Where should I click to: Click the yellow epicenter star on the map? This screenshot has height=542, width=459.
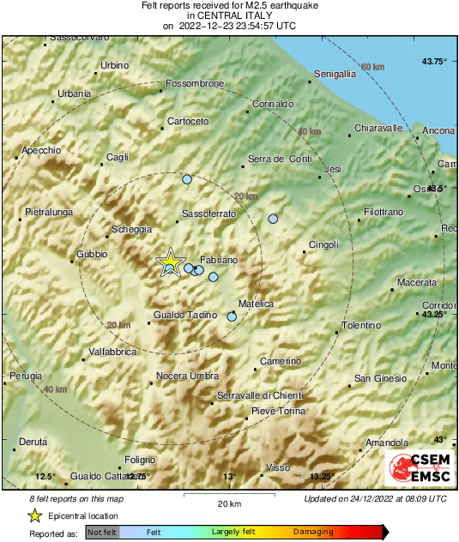[x=171, y=261]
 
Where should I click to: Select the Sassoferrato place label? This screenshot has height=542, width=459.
[x=208, y=214]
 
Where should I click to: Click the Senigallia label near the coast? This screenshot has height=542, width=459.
[x=335, y=75]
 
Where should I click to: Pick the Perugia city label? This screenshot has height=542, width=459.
[x=25, y=376]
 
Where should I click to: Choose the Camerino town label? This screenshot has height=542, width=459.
[x=281, y=361]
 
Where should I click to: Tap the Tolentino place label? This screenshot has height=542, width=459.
[x=361, y=325]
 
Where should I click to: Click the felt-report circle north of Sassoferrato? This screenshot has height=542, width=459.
[x=188, y=179]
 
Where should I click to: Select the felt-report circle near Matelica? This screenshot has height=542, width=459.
[x=232, y=317]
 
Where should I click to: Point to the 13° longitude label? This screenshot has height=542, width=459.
[x=228, y=477]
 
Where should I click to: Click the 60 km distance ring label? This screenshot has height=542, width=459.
[x=372, y=67]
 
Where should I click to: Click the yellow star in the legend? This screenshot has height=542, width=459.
[x=34, y=515]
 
